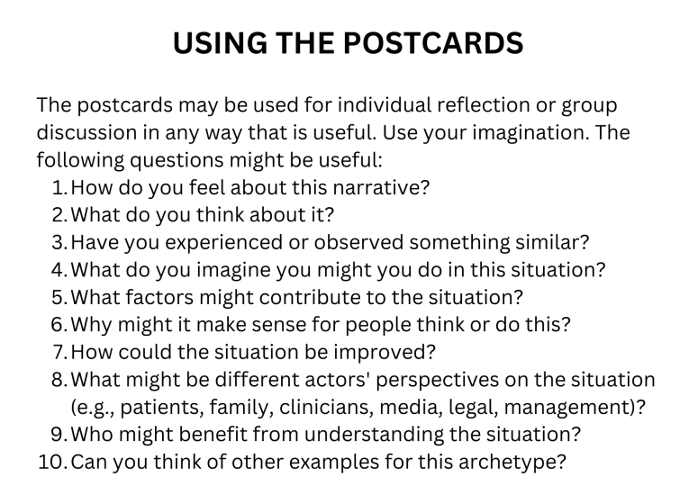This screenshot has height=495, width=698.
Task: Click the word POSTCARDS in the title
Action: click(433, 43)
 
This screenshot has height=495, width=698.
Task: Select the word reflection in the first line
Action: click(483, 105)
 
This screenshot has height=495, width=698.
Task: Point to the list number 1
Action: click(59, 188)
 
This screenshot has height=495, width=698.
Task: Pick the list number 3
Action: click(59, 243)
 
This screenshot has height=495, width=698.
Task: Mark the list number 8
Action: click(59, 381)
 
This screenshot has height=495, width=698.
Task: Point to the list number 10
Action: click(52, 463)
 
